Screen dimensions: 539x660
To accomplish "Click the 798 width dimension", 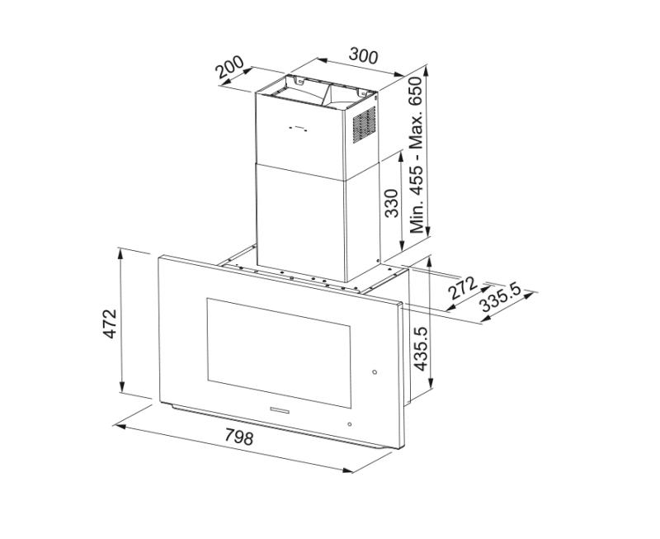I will point(238,437).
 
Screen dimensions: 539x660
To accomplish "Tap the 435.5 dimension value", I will point(420,348).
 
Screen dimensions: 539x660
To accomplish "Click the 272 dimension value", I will point(463,287).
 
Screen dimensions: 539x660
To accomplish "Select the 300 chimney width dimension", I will point(363,56).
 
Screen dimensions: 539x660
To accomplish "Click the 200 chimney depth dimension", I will point(230,68).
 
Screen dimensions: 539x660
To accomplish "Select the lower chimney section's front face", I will point(300,219).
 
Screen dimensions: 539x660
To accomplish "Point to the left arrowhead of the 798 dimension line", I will point(118,426).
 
